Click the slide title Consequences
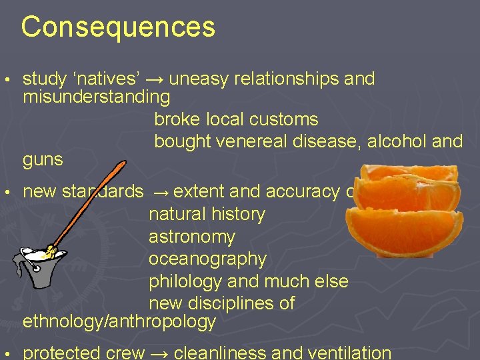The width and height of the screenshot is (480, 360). pos(118,27)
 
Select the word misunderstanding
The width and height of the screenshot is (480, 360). pos(97,97)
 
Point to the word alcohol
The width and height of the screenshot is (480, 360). pos(395,141)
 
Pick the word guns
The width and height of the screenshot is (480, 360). pos(43,160)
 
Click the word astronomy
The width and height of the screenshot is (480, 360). pos(192,237)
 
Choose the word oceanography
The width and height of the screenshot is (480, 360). pos(207,259)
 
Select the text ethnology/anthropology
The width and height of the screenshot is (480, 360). pos(119,322)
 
